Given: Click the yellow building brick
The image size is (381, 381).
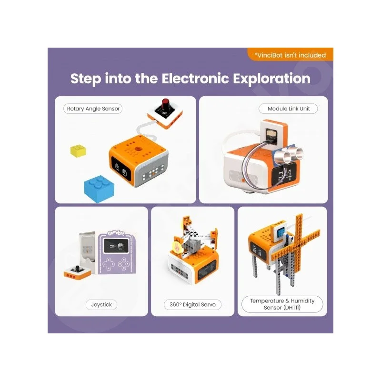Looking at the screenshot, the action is [78, 150].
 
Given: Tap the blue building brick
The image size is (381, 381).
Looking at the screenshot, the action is [99, 189].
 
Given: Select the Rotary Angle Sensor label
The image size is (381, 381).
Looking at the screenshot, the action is [93, 109].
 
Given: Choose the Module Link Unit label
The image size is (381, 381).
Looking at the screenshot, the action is [289, 109].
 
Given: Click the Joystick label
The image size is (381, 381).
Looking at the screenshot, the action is [101, 304].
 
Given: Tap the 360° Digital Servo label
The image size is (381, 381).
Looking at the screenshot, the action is [192, 304].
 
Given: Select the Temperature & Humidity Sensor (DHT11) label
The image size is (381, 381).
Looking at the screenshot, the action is [282, 304].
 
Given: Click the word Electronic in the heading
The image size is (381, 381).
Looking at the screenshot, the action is [195, 79].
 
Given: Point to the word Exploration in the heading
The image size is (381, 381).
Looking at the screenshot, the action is [271, 79].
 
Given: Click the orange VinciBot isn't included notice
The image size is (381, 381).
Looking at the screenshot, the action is [291, 54].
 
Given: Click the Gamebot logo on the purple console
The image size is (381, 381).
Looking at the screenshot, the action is [116, 233].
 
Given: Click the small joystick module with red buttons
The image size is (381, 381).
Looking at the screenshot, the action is [77, 272].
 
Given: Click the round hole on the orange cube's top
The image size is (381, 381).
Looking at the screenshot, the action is [139, 149].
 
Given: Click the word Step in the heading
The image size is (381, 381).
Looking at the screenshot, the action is [86, 79].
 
